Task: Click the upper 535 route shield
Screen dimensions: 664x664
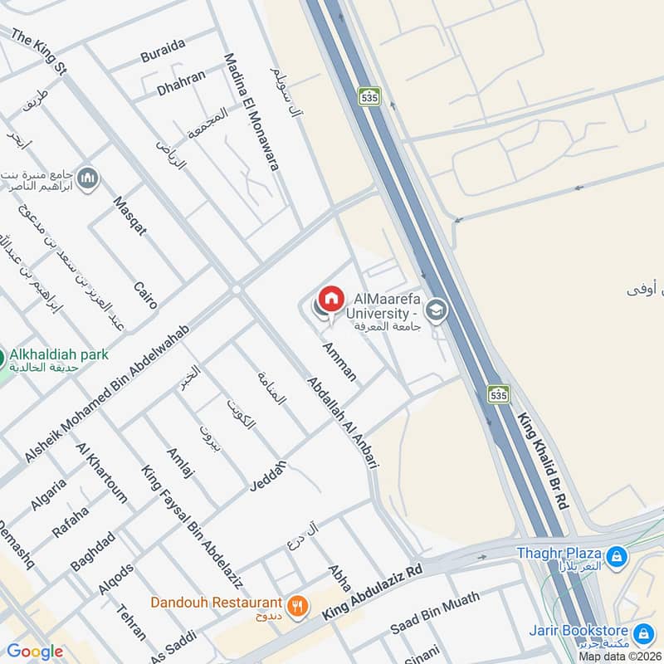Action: (369, 96)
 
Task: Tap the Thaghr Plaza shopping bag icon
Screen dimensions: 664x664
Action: (616, 557)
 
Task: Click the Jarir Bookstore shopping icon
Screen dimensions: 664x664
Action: (642, 635)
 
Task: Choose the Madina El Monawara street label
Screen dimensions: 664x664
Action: (250, 112)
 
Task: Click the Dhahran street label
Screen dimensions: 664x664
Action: (181, 80)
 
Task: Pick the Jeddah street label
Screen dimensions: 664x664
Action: (267, 476)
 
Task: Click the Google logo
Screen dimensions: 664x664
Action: (35, 652)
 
